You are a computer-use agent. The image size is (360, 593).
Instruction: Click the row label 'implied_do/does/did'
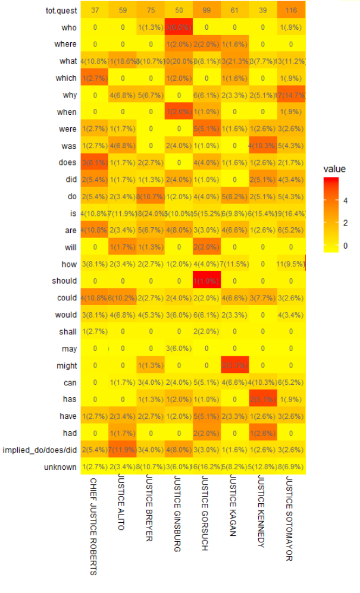coord(40,450)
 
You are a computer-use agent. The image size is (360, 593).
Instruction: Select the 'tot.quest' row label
coord(61,10)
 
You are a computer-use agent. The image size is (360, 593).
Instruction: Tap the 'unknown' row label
coord(60,467)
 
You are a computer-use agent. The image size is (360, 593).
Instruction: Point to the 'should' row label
coord(64,281)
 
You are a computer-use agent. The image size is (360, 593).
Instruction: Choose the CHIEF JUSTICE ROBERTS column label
coord(93,526)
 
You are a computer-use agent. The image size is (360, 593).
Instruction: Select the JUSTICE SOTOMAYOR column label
coord(290,519)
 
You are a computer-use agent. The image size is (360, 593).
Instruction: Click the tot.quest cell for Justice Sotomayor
coord(291,10)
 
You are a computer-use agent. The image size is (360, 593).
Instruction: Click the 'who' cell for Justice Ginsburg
coord(179,27)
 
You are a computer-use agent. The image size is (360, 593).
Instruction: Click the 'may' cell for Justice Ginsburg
coord(179,349)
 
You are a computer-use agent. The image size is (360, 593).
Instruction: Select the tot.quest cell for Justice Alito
coord(123,10)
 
